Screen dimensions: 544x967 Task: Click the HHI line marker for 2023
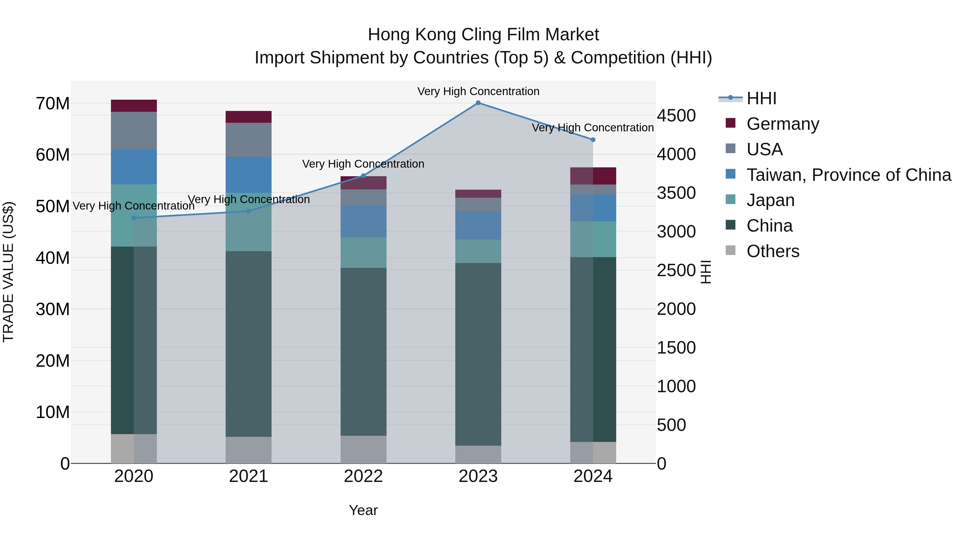pyautogui.click(x=478, y=103)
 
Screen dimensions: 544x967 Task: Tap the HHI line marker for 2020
pyautogui.click(x=134, y=218)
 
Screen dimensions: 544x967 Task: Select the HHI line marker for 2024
pyautogui.click(x=593, y=140)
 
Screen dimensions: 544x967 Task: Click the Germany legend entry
pyautogui.click(x=782, y=124)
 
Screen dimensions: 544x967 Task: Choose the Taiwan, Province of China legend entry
pyautogui.click(x=848, y=175)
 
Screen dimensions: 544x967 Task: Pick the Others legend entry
pyautogui.click(x=773, y=251)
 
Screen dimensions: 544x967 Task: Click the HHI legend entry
pyautogui.click(x=761, y=98)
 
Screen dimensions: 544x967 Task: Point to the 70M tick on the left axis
pyautogui.click(x=53, y=104)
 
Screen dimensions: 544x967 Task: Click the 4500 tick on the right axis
pyautogui.click(x=676, y=116)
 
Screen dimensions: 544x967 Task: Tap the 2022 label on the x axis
pyautogui.click(x=363, y=476)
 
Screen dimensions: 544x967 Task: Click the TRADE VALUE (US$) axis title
pyautogui.click(x=8, y=272)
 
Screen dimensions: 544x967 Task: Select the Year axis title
pyautogui.click(x=363, y=510)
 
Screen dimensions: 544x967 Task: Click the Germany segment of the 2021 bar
pyautogui.click(x=248, y=117)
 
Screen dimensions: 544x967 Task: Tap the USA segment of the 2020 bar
pyautogui.click(x=134, y=130)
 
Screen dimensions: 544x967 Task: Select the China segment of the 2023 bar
pyautogui.click(x=478, y=354)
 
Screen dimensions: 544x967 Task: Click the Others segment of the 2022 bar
pyautogui.click(x=363, y=449)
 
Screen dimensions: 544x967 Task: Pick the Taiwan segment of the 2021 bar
pyautogui.click(x=248, y=175)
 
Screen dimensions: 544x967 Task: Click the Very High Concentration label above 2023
pyautogui.click(x=478, y=91)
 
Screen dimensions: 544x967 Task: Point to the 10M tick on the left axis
pyautogui.click(x=53, y=412)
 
